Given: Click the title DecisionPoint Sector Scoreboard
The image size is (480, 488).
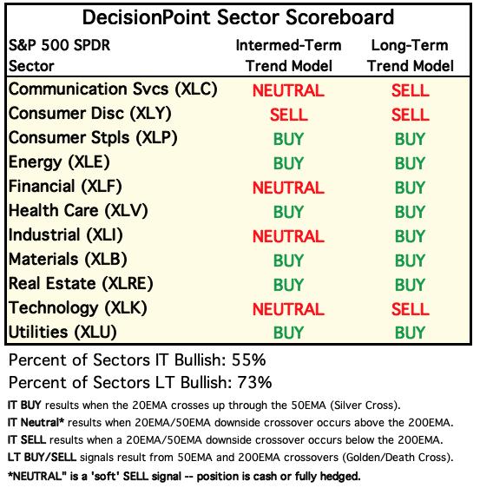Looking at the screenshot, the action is (238, 17).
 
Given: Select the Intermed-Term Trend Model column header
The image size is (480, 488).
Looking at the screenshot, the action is (289, 56).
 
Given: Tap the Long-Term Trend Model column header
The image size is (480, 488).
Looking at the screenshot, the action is (410, 56).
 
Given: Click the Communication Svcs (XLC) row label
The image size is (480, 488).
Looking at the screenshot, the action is (113, 89).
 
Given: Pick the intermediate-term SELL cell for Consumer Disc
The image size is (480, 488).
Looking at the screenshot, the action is (289, 115).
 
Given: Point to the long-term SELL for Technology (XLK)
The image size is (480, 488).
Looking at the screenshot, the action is (410, 309).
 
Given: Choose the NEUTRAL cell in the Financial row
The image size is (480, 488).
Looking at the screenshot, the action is (288, 188).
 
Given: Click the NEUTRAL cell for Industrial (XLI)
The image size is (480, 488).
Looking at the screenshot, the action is (288, 236).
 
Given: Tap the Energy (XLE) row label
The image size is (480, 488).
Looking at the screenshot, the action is (59, 162).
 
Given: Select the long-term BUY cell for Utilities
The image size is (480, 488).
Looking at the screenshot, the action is (410, 333).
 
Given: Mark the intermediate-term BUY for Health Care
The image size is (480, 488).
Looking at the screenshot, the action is (288, 212).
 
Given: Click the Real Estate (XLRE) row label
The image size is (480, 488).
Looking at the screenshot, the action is (81, 284).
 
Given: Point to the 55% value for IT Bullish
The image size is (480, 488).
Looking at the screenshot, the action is (248, 360).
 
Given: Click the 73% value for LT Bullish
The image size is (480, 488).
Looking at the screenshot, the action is (254, 382).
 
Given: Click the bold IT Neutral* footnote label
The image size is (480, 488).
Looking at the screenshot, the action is (36, 423).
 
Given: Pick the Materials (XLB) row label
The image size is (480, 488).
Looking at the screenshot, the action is (68, 260).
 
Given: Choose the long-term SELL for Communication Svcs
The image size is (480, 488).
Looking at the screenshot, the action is (410, 90).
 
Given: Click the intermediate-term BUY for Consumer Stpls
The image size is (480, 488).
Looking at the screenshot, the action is (288, 139).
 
